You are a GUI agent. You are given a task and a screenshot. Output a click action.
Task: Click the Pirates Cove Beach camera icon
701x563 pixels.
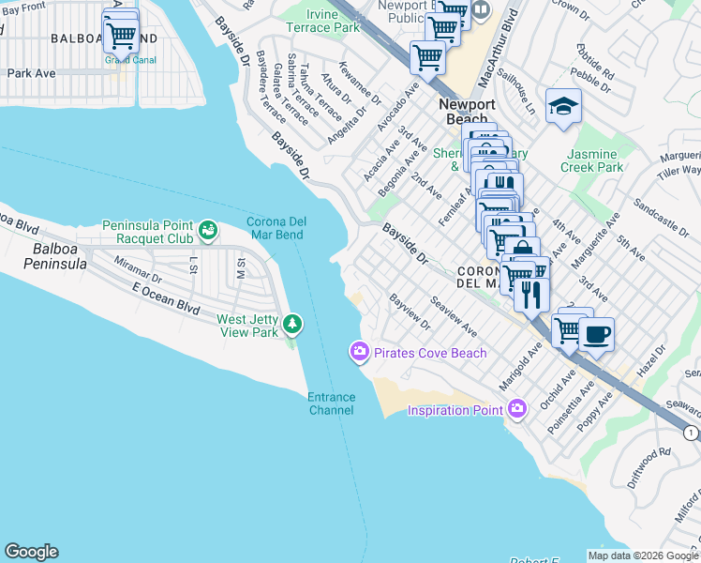359,352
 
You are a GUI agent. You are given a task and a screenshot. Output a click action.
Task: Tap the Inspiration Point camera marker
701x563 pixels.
516,408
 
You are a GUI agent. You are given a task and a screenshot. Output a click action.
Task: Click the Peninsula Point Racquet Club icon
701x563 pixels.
207,227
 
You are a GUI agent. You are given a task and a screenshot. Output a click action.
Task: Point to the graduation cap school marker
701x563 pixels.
564,106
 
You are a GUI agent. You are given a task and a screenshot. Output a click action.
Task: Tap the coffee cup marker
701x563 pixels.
596,333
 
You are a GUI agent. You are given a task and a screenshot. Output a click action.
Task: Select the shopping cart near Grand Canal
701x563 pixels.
120,36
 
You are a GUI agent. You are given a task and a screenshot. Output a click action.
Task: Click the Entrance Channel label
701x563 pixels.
332,403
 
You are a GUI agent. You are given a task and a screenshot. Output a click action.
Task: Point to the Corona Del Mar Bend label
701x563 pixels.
275,228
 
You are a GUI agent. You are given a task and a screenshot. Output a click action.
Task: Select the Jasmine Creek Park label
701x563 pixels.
591,160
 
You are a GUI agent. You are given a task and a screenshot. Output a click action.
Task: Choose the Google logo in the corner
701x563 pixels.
31,552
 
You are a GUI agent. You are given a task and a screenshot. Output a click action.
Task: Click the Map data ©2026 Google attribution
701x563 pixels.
642,555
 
